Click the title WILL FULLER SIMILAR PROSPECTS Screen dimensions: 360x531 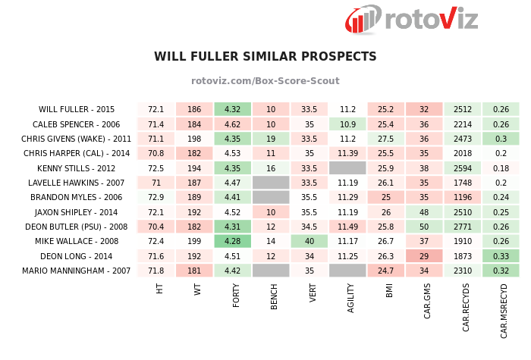coord(265,57)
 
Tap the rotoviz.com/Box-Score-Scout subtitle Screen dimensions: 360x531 coord(265,81)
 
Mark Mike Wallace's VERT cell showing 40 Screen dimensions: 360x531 coord(309,241)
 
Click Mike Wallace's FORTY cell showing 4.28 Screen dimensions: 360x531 coord(232,241)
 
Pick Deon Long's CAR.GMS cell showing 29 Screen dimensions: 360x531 coord(424,256)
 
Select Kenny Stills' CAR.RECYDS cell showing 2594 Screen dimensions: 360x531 coord(463,167)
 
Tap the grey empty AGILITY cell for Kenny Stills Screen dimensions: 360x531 coord(347,167)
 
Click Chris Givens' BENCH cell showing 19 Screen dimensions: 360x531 coord(271,139)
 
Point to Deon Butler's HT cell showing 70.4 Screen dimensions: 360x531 coord(156,227)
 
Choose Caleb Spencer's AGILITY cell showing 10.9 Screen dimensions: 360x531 coord(347,124)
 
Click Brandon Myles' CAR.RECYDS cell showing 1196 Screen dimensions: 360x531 coord(463,197)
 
